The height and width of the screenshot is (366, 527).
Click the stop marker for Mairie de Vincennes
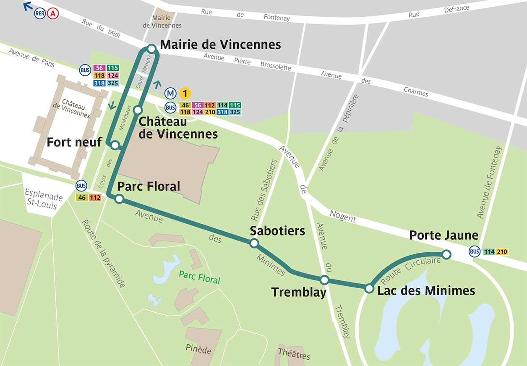click(x=152, y=49)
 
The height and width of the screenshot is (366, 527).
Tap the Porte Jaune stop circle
click(x=446, y=254)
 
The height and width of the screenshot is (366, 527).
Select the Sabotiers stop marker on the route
click(x=254, y=243)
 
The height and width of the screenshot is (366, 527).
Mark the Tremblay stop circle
click(x=324, y=280)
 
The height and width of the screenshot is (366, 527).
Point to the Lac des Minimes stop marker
click(x=369, y=288)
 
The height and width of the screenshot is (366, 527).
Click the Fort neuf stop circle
click(x=115, y=145)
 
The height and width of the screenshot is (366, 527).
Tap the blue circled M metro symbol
click(x=170, y=93)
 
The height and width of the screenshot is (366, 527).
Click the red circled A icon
click(x=53, y=13)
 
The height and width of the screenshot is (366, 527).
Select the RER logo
click(x=40, y=13)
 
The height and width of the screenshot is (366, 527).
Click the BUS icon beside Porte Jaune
click(x=475, y=252)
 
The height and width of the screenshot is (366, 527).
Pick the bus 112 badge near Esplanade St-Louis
click(x=95, y=197)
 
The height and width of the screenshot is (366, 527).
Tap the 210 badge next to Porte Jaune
click(x=502, y=252)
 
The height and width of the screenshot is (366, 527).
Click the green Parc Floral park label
click(x=199, y=277)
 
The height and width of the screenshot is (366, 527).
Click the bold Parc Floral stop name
click(x=149, y=186)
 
